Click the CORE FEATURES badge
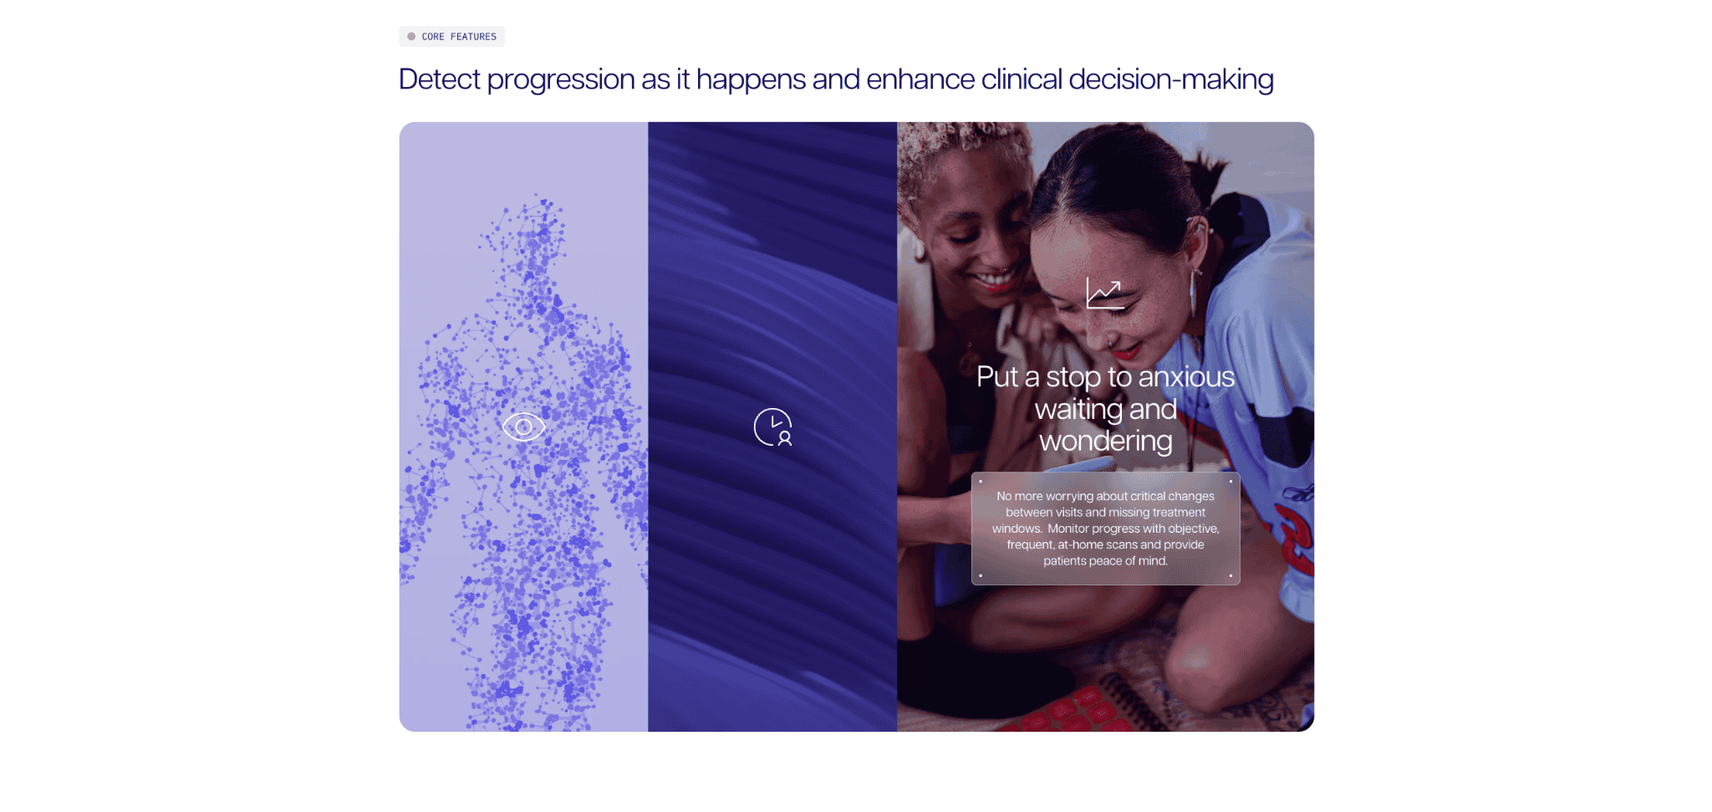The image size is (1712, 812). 451,37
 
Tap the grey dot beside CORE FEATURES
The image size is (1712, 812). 411,37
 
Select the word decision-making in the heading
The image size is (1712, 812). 1171,80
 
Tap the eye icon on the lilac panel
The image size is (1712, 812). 523,427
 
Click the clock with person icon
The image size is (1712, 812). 772,427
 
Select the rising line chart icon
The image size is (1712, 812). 1105,294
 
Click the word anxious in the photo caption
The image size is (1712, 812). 1186,377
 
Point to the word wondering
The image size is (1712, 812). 1105,442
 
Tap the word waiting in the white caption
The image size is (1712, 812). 1077,410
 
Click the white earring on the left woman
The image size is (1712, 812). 919,248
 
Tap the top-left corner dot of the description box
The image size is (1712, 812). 981,482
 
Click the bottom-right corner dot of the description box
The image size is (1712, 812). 1230,575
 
